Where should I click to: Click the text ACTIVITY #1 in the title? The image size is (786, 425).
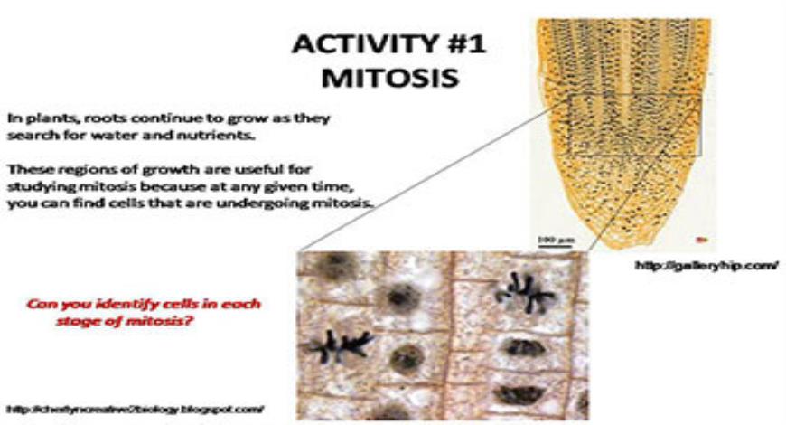(x=388, y=44)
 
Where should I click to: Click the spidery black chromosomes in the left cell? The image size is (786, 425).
(x=340, y=345)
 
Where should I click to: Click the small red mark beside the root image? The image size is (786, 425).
(x=702, y=239)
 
